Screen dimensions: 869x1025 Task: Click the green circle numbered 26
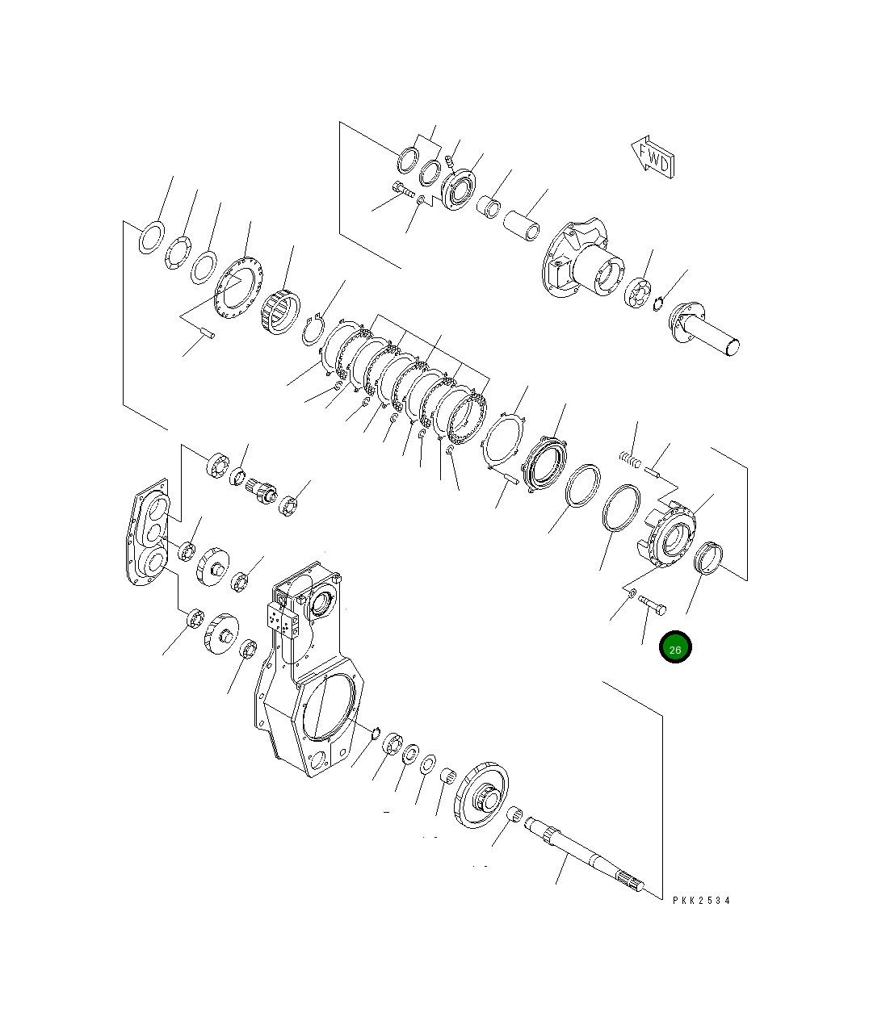[x=675, y=646]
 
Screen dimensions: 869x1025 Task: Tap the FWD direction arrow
[x=653, y=157]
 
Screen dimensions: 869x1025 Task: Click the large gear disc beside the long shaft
[x=481, y=794]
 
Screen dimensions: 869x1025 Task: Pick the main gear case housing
[x=308, y=669]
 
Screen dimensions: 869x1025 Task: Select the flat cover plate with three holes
[x=148, y=532]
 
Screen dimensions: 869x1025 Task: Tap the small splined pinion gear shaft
[x=261, y=491]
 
